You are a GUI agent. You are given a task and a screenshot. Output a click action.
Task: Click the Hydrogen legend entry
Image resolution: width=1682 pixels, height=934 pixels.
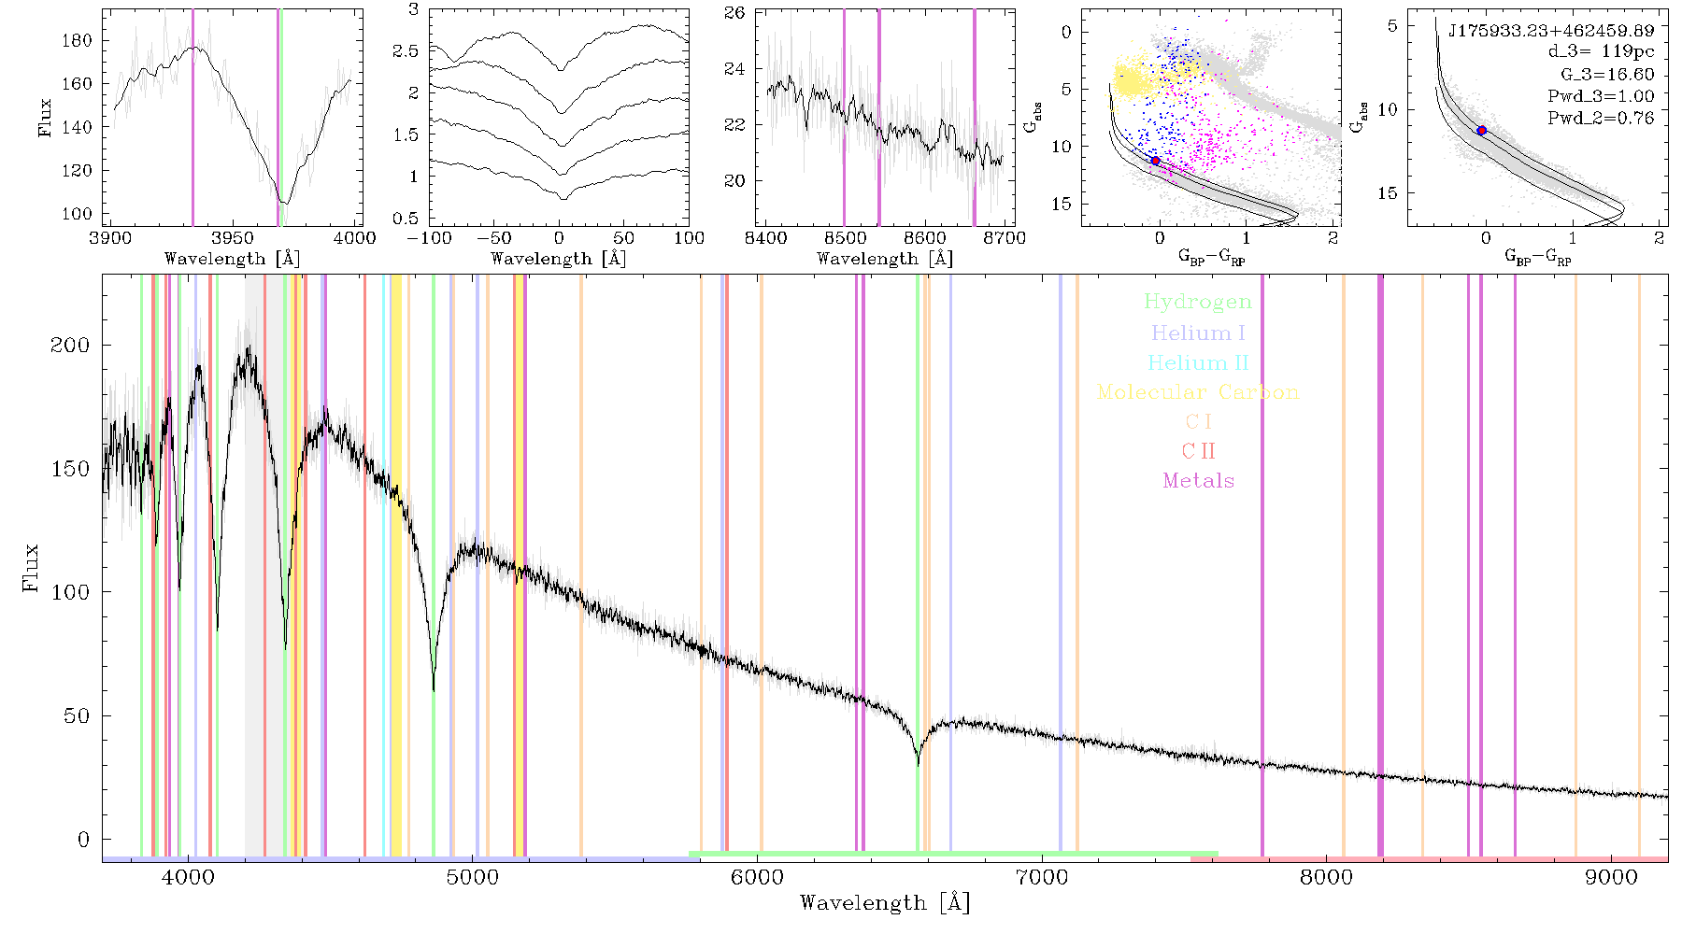pos(1197,302)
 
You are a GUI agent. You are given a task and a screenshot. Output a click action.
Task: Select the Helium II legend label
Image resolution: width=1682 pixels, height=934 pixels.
pos(1198,362)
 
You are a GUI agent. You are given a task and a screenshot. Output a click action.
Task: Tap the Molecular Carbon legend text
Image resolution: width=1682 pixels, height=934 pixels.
pos(1198,392)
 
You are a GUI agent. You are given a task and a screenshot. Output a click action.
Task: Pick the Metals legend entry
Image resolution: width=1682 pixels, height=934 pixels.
pos(1199,481)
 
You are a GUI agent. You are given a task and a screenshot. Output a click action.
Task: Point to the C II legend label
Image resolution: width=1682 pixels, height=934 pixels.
pos(1199,451)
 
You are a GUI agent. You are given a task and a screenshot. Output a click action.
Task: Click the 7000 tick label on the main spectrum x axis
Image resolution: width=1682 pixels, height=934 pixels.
pos(1042,877)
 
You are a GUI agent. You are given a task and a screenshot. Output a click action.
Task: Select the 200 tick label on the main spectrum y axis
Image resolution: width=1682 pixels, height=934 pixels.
pos(70,345)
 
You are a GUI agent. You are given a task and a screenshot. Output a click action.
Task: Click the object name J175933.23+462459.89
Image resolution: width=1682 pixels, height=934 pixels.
pos(1551,31)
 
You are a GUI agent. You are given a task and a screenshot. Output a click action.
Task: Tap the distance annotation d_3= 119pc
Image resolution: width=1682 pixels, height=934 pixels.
pos(1601,52)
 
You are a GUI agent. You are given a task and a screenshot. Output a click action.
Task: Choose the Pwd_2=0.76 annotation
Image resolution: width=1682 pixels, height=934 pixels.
pos(1601,119)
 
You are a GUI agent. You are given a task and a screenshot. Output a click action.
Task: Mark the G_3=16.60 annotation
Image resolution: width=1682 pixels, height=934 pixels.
pos(1607,75)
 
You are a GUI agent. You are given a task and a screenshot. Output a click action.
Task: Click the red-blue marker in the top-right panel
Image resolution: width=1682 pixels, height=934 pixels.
pos(1481,131)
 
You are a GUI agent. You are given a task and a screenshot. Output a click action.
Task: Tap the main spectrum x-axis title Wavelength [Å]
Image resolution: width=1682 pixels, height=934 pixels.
pos(885,903)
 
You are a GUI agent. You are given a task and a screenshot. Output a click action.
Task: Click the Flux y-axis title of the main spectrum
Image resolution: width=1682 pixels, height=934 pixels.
pos(32,567)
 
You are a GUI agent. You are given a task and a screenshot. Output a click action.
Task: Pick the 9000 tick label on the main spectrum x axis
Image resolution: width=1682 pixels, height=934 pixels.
pos(1611,877)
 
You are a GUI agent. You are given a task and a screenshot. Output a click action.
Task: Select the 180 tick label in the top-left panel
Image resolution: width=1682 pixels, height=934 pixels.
pos(78,40)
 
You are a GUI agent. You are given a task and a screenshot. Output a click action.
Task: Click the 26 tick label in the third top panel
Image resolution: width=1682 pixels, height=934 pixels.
pos(734,13)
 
